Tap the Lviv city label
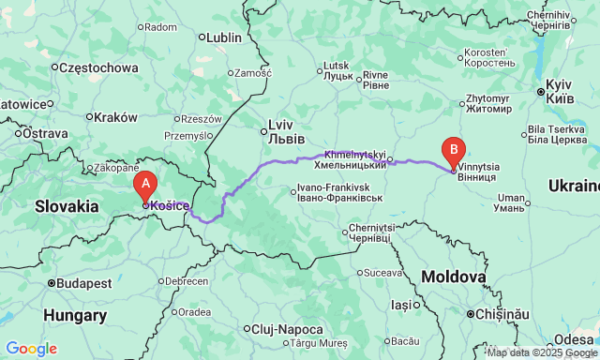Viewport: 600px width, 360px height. coord(281,130)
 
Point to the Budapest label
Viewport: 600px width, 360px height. coord(83,282)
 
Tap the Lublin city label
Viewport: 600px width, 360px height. coord(223,37)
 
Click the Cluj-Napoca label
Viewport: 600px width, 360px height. coord(287,329)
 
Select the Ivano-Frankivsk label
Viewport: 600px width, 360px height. coord(338,193)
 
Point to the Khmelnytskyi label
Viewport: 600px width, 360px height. coord(355,159)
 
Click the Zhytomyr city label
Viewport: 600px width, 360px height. coord(487,102)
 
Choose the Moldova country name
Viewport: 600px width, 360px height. coord(453,277)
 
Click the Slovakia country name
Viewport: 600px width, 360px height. coord(67,205)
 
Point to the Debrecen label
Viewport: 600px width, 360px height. coord(187,281)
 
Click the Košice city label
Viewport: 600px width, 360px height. coord(170,206)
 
